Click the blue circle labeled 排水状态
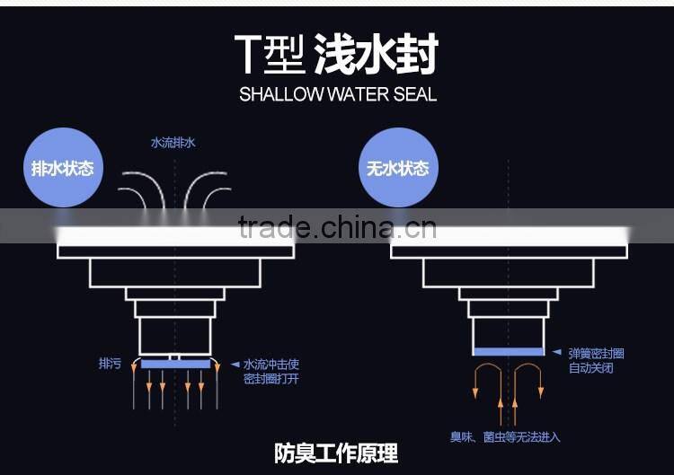point(62,168)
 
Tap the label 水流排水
point(173,143)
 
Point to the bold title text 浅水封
point(376,56)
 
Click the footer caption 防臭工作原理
point(336,453)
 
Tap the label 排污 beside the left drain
point(110,364)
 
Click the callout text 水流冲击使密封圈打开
point(270,371)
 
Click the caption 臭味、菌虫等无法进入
point(505,436)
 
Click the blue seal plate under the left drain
point(176,365)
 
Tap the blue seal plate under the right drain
point(508,351)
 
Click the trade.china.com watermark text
point(337,228)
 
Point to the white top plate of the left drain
point(175,237)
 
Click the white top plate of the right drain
point(510,237)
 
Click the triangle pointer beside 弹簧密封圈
point(557,353)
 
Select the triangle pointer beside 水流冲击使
point(235,364)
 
